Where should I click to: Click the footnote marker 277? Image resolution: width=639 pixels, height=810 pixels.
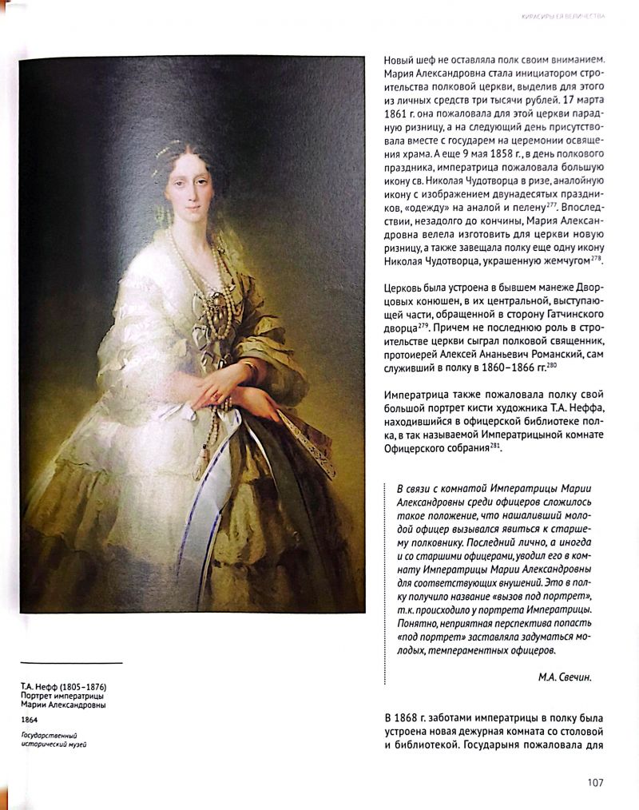(x=551, y=204)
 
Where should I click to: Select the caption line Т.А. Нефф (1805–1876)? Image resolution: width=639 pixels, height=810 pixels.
(x=64, y=687)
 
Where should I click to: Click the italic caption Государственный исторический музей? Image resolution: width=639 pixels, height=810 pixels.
(x=54, y=740)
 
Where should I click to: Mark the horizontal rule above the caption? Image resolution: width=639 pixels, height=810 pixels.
(x=71, y=663)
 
